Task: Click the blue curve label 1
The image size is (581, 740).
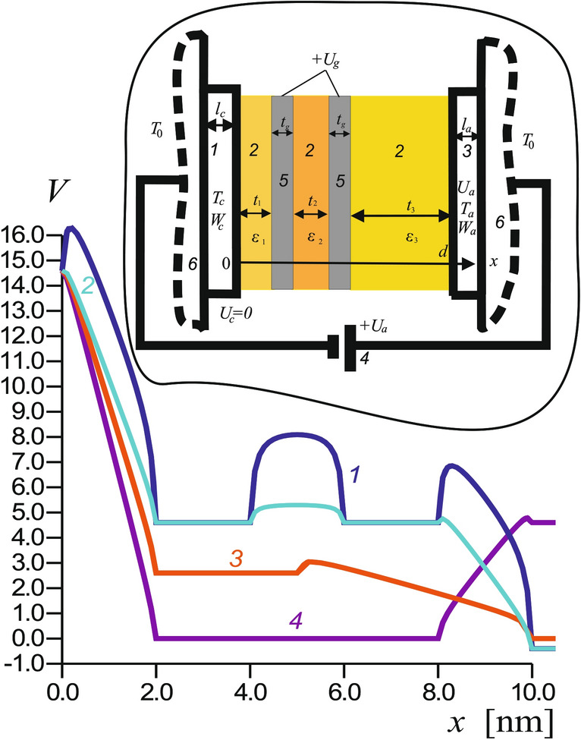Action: [353, 475]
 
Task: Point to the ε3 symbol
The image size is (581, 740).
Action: [400, 237]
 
